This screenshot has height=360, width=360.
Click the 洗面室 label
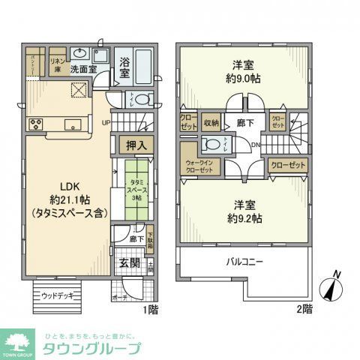coord(83,69)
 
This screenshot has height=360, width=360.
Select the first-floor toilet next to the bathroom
coord(143,100)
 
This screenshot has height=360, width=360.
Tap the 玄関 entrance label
coord(129,263)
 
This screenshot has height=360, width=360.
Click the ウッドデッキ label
coord(56,295)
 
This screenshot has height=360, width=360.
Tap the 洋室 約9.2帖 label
coord(243,211)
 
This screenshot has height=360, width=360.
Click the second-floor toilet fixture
coord(213,144)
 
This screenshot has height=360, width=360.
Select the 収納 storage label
coord(211,122)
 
